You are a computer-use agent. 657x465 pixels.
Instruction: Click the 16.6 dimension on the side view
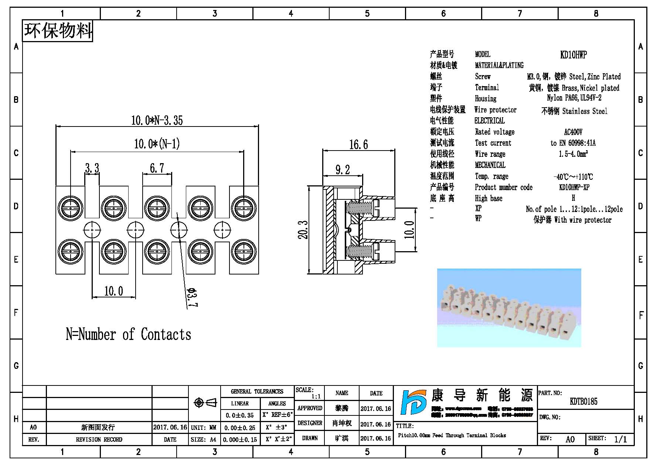click(x=358, y=144)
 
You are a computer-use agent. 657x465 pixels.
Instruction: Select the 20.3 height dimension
click(x=303, y=230)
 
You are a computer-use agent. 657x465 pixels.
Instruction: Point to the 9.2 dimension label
click(x=343, y=170)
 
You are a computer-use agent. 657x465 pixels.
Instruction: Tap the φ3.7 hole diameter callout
click(x=192, y=297)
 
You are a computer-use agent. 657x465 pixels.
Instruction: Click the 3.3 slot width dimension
click(x=92, y=168)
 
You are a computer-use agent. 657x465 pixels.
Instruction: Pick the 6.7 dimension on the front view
click(x=157, y=168)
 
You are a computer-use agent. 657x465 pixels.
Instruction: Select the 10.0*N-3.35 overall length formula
click(x=157, y=120)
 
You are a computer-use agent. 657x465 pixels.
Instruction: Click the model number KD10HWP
click(x=573, y=55)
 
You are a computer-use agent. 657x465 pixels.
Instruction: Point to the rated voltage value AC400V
click(x=573, y=132)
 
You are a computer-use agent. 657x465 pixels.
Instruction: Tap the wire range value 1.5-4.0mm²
click(x=573, y=154)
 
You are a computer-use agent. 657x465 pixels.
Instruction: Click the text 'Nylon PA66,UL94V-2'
click(x=574, y=98)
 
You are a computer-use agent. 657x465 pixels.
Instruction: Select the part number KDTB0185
click(x=583, y=401)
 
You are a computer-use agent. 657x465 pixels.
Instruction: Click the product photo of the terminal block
click(x=509, y=308)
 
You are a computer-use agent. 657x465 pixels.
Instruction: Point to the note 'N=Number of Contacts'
click(x=128, y=334)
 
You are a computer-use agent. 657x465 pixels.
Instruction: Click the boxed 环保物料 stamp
click(x=58, y=31)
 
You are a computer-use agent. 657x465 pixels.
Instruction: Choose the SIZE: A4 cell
click(x=204, y=439)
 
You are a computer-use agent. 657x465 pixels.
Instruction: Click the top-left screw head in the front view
click(x=71, y=208)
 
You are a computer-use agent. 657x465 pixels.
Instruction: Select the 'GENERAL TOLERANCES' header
click(x=257, y=391)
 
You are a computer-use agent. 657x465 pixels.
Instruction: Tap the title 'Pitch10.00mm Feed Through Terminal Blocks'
click(x=452, y=435)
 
